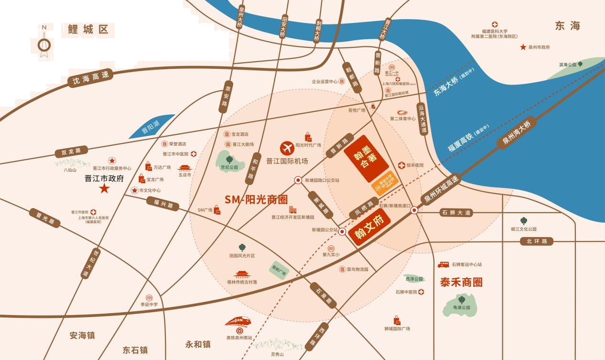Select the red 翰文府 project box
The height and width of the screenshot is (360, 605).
369,227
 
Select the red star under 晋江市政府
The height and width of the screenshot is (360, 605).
104,189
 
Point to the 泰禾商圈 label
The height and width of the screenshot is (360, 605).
461,282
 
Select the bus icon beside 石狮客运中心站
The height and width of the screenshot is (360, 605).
443,264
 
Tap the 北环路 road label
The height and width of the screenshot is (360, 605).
537,241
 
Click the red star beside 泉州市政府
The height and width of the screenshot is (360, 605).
523,47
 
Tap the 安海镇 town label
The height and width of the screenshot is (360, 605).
82,335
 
